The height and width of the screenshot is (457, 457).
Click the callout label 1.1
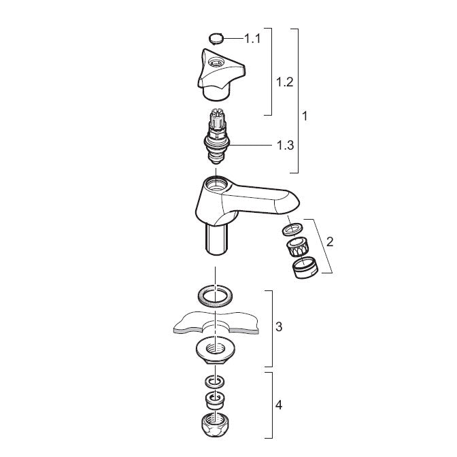(252, 39)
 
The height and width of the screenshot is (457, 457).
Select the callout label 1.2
(285, 82)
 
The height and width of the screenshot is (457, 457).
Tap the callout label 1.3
(286, 145)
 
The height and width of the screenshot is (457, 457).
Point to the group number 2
(330, 241)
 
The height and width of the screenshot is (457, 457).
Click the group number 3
(279, 326)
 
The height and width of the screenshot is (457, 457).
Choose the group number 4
(279, 405)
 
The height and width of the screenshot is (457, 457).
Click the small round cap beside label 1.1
(216, 39)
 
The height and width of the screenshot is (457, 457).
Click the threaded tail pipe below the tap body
(216, 239)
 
